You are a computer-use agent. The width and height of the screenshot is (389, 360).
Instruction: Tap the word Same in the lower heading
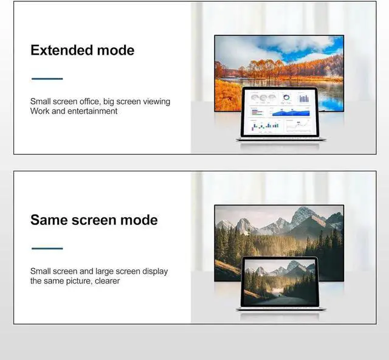[x=52, y=220]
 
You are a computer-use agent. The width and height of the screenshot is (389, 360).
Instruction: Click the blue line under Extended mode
[x=47, y=78]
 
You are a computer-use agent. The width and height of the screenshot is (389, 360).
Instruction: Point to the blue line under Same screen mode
[x=47, y=248]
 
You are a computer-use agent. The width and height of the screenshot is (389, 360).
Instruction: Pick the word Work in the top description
[x=40, y=111]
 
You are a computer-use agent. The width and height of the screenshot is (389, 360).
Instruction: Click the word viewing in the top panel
[x=156, y=102]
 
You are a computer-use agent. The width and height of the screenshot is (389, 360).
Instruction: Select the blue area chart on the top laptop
[x=291, y=112]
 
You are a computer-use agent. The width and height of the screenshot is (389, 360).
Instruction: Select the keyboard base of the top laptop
[x=280, y=140]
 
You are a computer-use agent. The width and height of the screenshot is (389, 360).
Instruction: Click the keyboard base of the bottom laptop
[x=280, y=309]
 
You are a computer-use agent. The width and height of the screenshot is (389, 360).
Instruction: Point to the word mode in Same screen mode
[x=137, y=220]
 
